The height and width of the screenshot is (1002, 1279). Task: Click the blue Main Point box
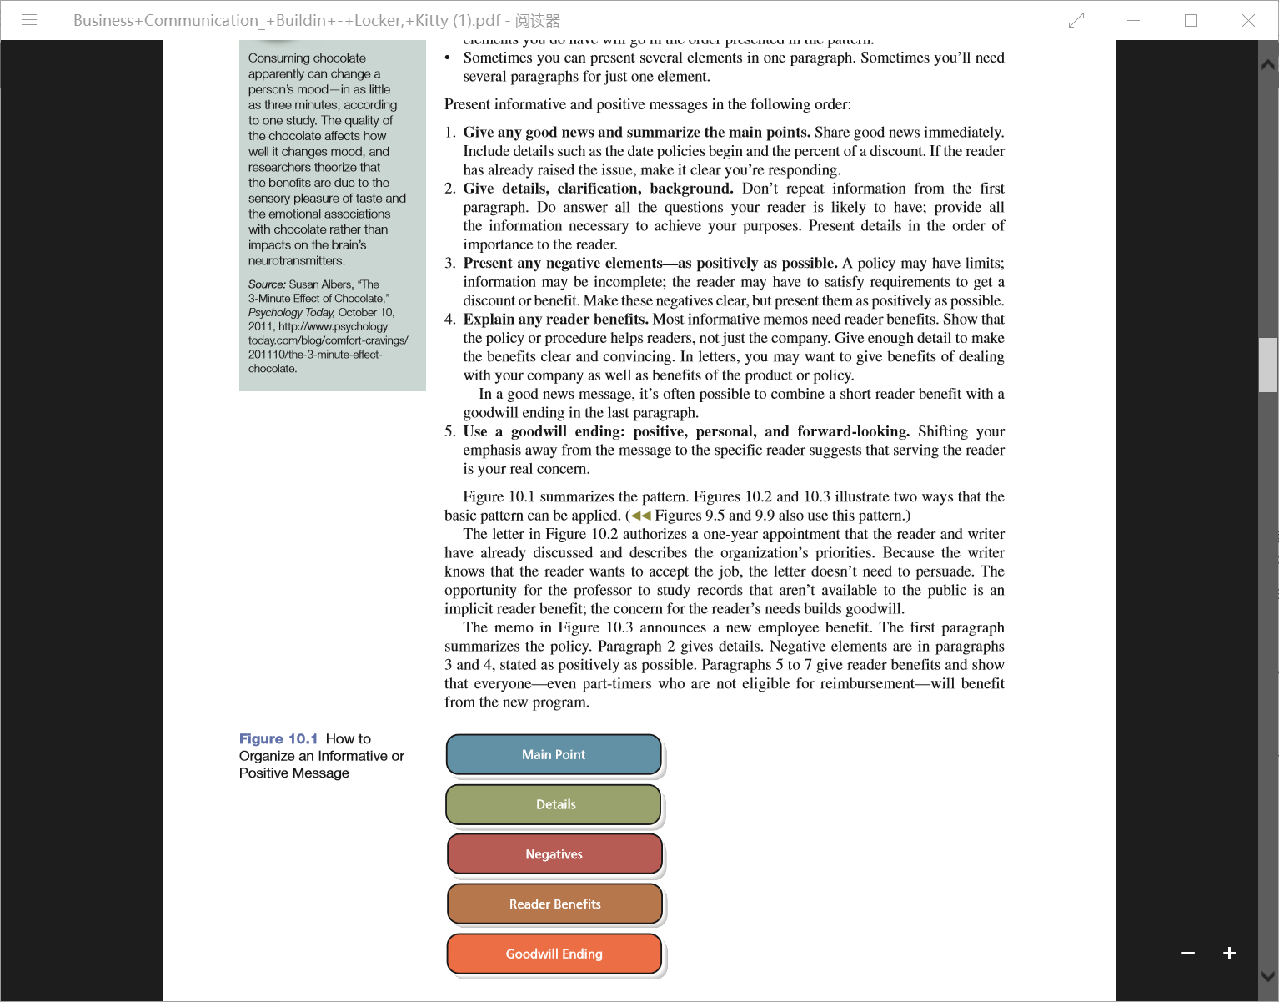554,754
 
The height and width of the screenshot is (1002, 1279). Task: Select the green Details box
554,804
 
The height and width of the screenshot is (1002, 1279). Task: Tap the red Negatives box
554,854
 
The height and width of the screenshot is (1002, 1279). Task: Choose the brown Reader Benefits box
554,904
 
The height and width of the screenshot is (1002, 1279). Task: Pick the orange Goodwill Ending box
554,954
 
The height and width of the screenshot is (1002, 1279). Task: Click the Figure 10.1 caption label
278,739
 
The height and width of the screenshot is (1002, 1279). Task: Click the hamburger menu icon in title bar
29,20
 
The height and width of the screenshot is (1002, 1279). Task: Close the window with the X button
1248,20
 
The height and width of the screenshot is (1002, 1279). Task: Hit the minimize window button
1133,20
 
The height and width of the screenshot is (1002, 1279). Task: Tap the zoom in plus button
1230,953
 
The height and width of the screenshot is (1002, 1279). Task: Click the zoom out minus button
1188,953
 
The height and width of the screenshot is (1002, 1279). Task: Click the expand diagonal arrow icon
1076,20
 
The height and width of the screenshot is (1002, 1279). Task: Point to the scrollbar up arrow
1268,64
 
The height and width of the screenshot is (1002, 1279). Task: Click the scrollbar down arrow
1268,975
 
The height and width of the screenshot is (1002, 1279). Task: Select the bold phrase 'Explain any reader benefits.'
555,320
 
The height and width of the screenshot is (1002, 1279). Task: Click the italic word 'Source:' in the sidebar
267,284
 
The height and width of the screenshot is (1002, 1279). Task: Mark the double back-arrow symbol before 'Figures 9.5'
641,516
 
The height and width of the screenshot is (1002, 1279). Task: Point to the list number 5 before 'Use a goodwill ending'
449,431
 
